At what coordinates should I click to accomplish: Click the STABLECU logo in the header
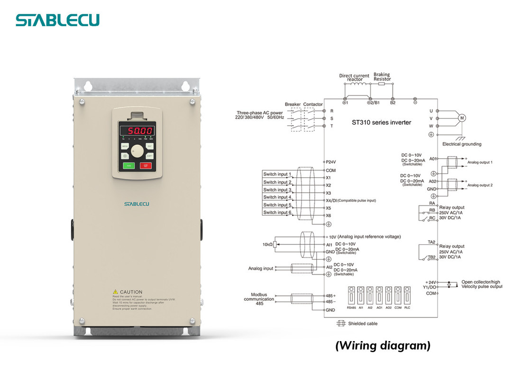point(57,20)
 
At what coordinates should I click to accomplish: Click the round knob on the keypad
point(137,151)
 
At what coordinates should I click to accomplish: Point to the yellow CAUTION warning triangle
point(115,292)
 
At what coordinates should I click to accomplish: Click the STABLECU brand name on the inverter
point(137,204)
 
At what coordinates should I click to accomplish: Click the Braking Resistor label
point(382,77)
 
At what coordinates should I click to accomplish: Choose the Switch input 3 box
point(277,189)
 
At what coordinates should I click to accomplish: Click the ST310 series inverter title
point(381,122)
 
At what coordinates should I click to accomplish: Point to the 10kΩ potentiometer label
point(267,244)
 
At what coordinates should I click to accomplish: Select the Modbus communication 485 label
point(259,299)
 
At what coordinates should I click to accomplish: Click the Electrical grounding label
point(461,144)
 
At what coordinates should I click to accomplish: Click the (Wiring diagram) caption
point(383,346)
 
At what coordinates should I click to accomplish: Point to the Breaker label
point(293,104)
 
